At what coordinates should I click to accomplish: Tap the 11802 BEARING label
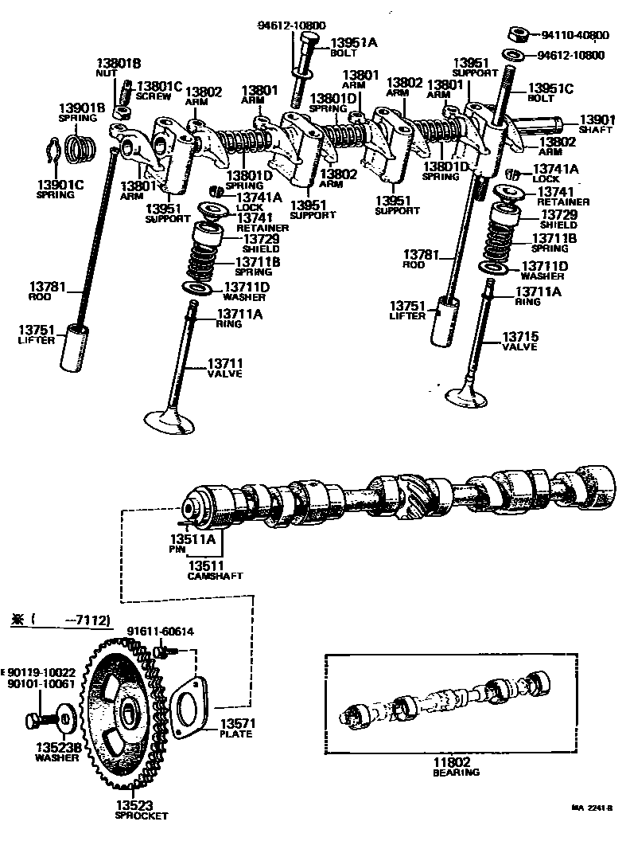[x=456, y=766]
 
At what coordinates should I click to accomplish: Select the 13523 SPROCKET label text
[x=141, y=809]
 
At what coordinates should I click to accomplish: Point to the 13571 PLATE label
[x=235, y=728]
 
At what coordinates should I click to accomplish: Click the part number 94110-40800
[x=575, y=35]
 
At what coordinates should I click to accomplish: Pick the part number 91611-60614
[x=160, y=632]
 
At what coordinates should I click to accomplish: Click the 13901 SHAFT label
[x=595, y=123]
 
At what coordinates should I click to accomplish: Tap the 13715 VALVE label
[x=519, y=340]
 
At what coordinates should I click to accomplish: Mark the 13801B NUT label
[x=119, y=67]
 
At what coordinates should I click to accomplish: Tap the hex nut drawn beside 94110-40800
[x=517, y=34]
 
